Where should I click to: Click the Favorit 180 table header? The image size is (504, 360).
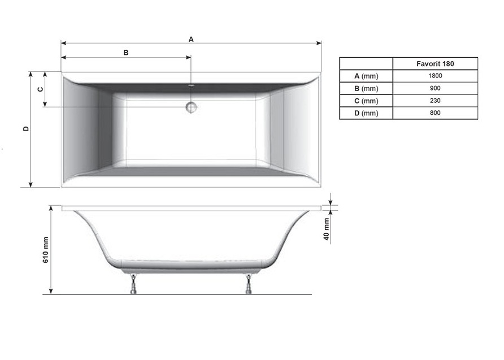pyautogui.click(x=435, y=64)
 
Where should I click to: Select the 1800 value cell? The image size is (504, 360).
pyautogui.click(x=435, y=76)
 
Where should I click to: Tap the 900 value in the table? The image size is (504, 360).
pyautogui.click(x=435, y=89)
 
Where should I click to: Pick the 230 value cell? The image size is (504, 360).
pyautogui.click(x=435, y=101)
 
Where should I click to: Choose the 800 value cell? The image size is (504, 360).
pyautogui.click(x=435, y=113)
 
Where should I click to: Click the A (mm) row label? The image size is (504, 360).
pyautogui.click(x=366, y=76)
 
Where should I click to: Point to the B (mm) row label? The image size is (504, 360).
pyautogui.click(x=366, y=89)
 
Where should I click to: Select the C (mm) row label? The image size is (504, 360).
pyautogui.click(x=366, y=101)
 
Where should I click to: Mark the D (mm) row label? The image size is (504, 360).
pyautogui.click(x=366, y=113)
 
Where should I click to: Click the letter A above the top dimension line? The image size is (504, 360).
pyautogui.click(x=191, y=39)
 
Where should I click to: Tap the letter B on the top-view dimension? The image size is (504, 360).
pyautogui.click(x=126, y=53)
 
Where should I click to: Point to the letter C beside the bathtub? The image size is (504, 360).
pyautogui.click(x=40, y=89)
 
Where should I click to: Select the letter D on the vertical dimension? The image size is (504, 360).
pyautogui.click(x=26, y=129)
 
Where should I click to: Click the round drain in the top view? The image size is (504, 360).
pyautogui.click(x=191, y=107)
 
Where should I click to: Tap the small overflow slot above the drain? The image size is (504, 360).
pyautogui.click(x=191, y=86)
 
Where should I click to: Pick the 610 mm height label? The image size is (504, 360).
pyautogui.click(x=46, y=250)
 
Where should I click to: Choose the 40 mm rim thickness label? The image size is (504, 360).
pyautogui.click(x=326, y=228)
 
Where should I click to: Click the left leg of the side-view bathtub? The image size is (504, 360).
pyautogui.click(x=133, y=284)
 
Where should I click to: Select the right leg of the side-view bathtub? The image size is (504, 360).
pyautogui.click(x=249, y=284)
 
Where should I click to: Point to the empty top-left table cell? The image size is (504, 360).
pyautogui.click(x=366, y=64)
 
